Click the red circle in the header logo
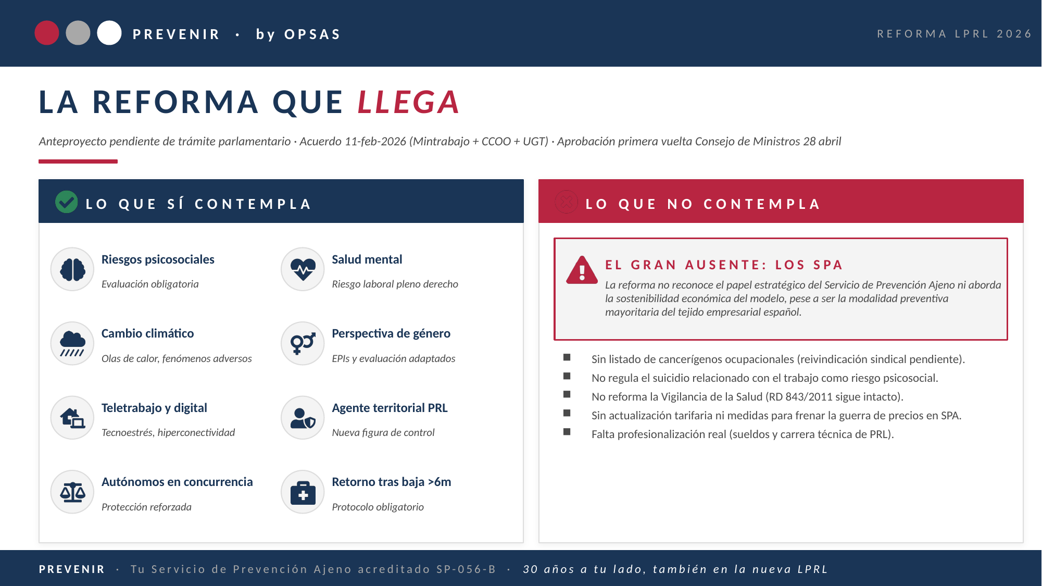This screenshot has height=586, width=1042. point(47,33)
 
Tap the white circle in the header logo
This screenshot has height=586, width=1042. point(109,33)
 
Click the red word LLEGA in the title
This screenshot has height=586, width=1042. point(408,102)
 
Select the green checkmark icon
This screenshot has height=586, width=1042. point(67,202)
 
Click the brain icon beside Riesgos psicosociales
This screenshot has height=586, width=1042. point(72,269)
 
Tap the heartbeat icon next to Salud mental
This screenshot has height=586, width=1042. point(303,269)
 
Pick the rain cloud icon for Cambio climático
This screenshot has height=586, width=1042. point(72,344)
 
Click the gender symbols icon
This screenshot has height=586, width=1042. point(303,344)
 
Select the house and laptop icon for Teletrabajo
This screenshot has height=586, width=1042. point(72,418)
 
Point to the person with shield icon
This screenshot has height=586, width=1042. point(303,418)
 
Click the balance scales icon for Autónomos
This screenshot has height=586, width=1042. point(72,492)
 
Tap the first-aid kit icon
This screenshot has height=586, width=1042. point(303,492)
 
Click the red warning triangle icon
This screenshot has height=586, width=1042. point(582,270)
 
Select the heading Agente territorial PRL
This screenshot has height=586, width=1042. point(390,408)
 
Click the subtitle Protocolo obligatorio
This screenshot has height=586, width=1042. point(378,507)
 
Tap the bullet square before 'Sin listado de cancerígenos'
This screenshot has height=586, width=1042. point(567,357)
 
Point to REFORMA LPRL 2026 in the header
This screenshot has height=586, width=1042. point(954,34)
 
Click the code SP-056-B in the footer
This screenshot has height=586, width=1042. point(466,569)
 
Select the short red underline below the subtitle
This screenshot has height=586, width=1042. point(78,161)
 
